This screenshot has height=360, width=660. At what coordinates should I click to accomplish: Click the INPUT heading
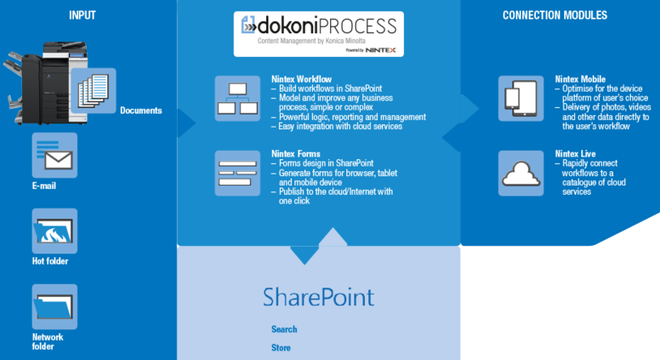click(x=82, y=15)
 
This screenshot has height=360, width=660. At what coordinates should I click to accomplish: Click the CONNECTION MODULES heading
click(x=555, y=15)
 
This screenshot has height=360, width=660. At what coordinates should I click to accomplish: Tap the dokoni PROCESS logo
click(x=319, y=34)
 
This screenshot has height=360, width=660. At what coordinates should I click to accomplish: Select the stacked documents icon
click(x=94, y=90)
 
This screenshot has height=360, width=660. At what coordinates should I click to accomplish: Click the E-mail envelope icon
click(x=54, y=156)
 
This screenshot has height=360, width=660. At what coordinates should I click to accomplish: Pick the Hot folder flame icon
click(x=54, y=231)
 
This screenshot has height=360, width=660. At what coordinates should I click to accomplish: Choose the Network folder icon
click(x=54, y=306)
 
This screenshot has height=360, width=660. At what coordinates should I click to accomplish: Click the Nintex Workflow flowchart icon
click(x=237, y=99)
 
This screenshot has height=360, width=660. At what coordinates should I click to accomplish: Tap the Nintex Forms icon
click(x=237, y=173)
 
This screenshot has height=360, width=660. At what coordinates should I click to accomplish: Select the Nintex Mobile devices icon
click(x=521, y=99)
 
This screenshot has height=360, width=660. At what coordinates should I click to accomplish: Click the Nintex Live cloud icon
click(x=521, y=173)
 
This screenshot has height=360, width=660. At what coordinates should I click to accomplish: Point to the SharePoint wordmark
click(x=318, y=297)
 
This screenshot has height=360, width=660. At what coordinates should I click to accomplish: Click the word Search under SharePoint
click(x=284, y=329)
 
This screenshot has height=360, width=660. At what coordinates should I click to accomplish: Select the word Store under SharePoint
click(x=281, y=348)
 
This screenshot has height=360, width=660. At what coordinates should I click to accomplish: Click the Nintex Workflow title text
click(x=301, y=79)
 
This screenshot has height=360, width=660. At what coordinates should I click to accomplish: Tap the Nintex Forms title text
click(x=296, y=154)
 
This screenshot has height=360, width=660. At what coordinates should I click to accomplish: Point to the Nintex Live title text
click(x=576, y=154)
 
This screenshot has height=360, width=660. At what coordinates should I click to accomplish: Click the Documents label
click(x=141, y=111)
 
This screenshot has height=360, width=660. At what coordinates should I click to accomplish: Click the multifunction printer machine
click(x=45, y=83)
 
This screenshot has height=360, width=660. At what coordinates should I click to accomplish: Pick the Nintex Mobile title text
click(x=580, y=79)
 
